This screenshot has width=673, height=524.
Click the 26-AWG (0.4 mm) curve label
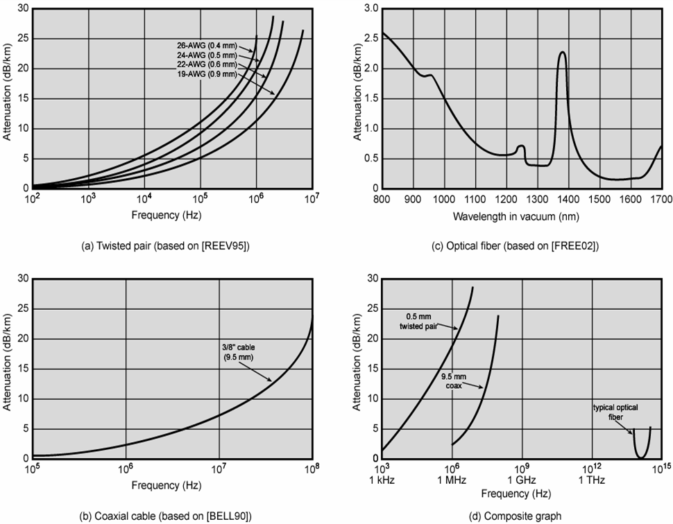[x=207, y=46]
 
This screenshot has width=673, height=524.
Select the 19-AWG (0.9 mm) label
[x=207, y=73]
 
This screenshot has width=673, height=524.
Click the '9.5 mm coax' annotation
[x=455, y=381]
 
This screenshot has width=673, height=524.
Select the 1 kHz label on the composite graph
[x=382, y=480]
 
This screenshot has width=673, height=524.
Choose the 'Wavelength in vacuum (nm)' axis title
[x=516, y=216]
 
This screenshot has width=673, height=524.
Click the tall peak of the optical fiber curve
[x=562, y=53]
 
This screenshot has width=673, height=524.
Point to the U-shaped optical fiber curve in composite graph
[x=641, y=454]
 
